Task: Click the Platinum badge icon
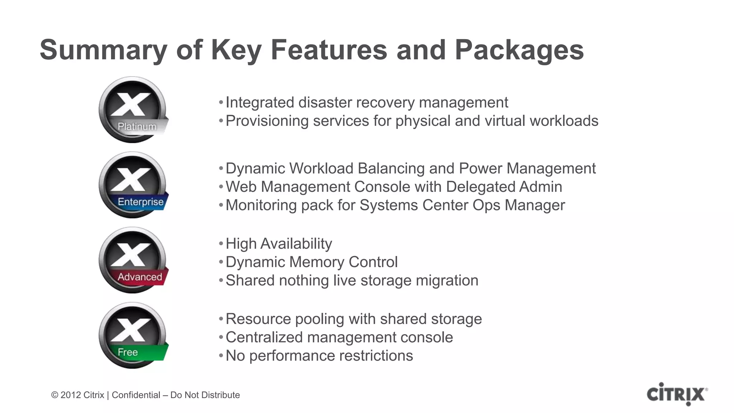tap(133, 110)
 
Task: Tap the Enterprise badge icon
tap(133, 185)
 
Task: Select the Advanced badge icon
tap(133, 260)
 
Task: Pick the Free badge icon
tap(133, 336)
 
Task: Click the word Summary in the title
tap(104, 50)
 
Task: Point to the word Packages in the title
tap(519, 50)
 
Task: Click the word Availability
tap(296, 244)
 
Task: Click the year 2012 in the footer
tap(70, 395)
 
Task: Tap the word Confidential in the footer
tap(136, 395)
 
